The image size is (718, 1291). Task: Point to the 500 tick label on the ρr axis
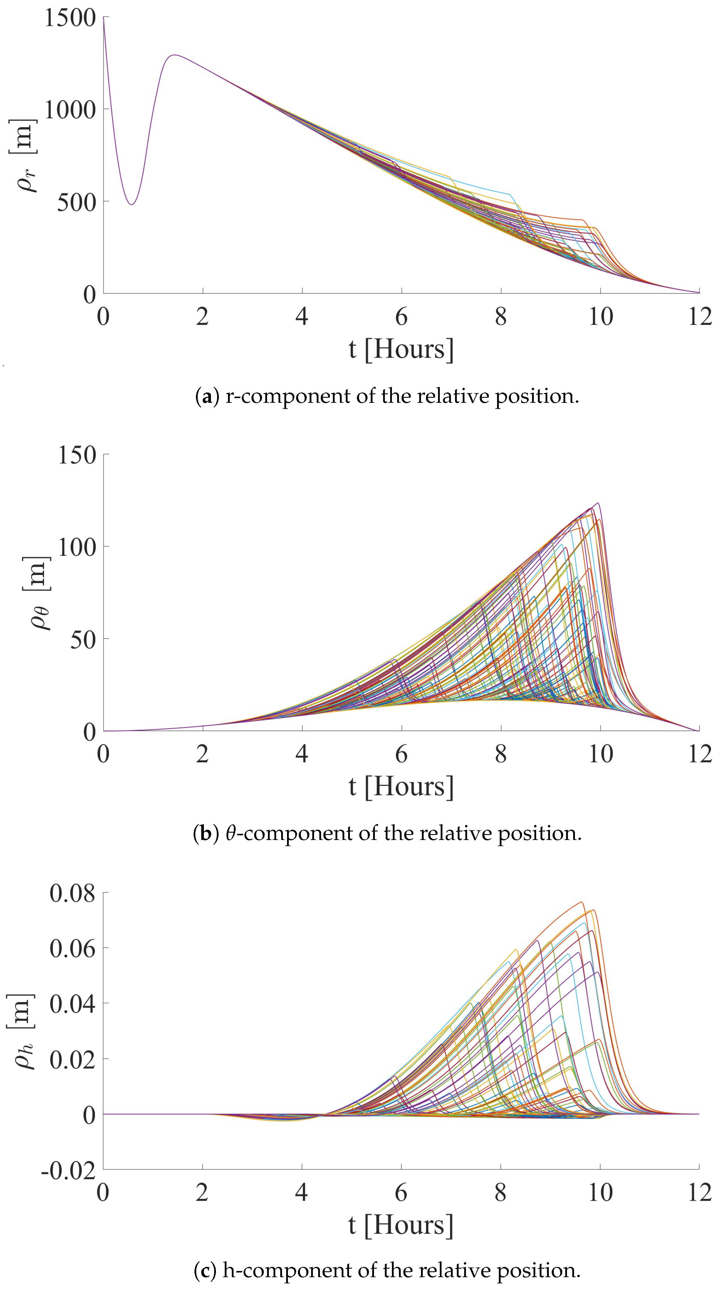76,203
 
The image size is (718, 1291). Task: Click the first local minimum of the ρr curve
132,204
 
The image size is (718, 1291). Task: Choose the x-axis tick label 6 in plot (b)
401,754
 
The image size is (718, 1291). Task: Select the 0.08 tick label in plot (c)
72,893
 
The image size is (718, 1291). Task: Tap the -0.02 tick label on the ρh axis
68,1171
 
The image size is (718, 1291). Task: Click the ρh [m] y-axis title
22,1031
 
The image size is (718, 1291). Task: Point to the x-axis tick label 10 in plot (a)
600,317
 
